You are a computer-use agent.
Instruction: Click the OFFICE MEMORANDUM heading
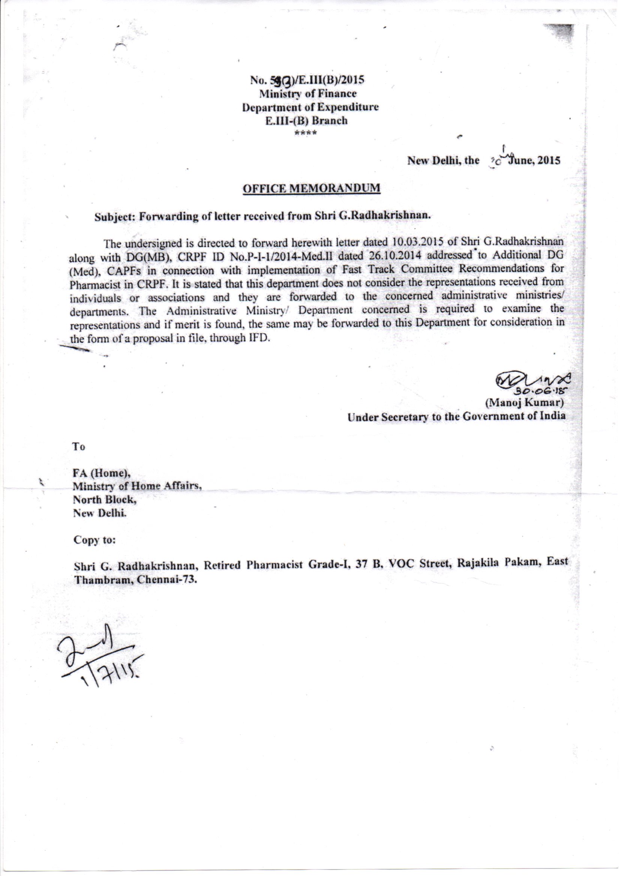click(311, 188)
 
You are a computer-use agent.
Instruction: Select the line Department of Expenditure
click(310, 107)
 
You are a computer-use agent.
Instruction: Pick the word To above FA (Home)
click(79, 447)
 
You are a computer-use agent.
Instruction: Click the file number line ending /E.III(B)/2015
click(307, 80)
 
